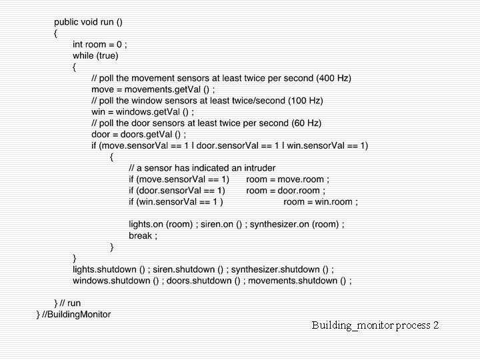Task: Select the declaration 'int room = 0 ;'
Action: [x=100, y=44]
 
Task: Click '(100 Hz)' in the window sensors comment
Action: [x=305, y=101]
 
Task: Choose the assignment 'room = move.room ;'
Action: [x=287, y=179]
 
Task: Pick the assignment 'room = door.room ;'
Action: [x=287, y=191]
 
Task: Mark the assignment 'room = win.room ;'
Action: [x=321, y=202]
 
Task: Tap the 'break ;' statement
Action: [x=143, y=236]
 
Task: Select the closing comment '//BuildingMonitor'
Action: [x=77, y=314]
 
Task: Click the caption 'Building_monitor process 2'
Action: [x=375, y=325]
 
